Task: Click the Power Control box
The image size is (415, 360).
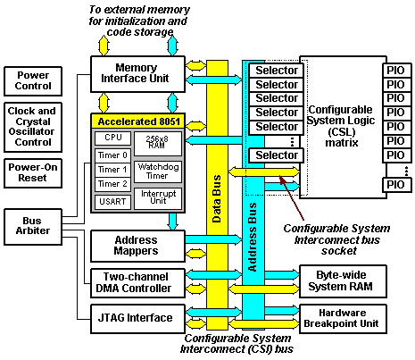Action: (x=32, y=82)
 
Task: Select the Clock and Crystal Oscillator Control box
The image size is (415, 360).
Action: (x=32, y=125)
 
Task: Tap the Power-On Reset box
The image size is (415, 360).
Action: (x=32, y=172)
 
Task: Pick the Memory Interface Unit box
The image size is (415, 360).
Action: (x=137, y=75)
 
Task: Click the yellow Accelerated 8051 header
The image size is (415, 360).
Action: (x=137, y=121)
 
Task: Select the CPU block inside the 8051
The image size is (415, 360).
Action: (x=112, y=138)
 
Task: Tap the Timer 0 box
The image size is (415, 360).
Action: (x=112, y=155)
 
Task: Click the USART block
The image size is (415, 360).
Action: (x=112, y=202)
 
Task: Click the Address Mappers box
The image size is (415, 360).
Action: (x=137, y=246)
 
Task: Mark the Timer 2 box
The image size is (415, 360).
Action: (x=112, y=183)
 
